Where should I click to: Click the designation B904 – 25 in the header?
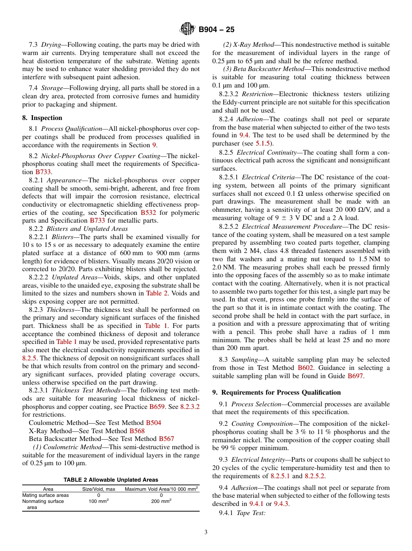click(216, 29)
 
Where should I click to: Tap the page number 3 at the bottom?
click(206, 532)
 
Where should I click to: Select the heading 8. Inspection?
click(42, 118)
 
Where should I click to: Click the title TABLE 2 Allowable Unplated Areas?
click(111, 480)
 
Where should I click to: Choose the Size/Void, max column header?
click(99, 489)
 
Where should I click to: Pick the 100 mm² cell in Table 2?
click(99, 501)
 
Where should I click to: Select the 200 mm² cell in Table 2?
click(161, 501)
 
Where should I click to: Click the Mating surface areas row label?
click(46, 495)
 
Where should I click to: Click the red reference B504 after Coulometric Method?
click(153, 423)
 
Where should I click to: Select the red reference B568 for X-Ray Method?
click(137, 431)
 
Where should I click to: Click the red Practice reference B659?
click(157, 407)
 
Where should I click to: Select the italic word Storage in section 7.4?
click(52, 88)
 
